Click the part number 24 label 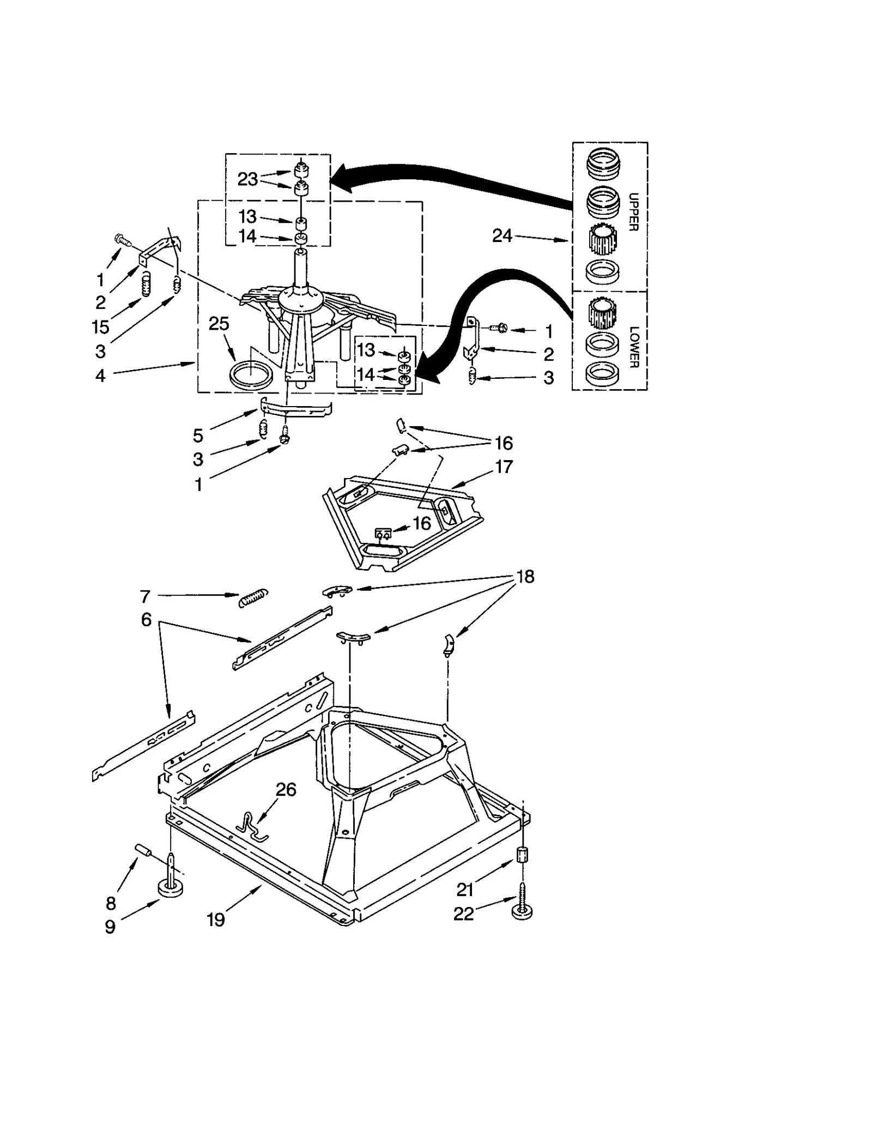(x=502, y=235)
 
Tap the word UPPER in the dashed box (x=633, y=212)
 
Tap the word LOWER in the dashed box (x=633, y=347)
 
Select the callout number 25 (x=219, y=323)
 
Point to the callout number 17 (x=504, y=467)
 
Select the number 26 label (x=286, y=789)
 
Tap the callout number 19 (x=215, y=920)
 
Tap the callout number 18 (x=525, y=576)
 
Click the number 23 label (x=247, y=179)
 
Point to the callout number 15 (x=100, y=327)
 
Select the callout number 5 (x=198, y=435)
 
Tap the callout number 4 (x=100, y=376)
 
